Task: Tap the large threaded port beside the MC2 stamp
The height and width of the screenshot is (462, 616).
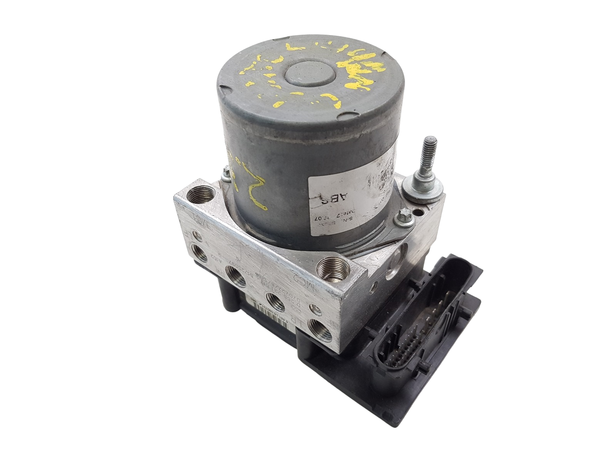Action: (x=331, y=267)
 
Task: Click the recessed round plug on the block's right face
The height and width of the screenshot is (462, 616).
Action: (x=397, y=265)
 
